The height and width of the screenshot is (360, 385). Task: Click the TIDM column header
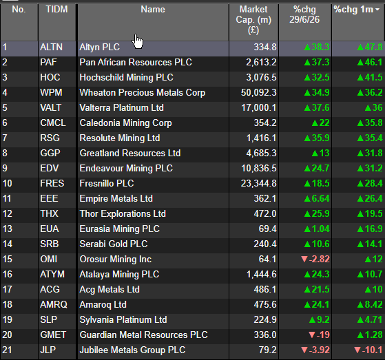[x=56, y=10]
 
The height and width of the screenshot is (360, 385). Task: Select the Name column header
[x=153, y=10]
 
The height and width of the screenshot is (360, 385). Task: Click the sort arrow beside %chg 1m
[x=377, y=10]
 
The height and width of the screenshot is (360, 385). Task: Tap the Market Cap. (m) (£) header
[x=253, y=20]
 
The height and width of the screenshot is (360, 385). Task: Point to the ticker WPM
[x=51, y=92]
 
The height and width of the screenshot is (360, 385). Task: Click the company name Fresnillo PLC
[x=107, y=183]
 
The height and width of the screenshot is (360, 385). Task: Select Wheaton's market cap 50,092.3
[x=258, y=92]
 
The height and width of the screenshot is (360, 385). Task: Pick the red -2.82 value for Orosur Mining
[x=315, y=259]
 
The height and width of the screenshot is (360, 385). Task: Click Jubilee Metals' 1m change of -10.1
[x=368, y=350]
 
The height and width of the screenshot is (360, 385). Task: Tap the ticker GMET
[x=53, y=335]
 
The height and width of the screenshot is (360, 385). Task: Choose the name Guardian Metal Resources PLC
[x=144, y=335]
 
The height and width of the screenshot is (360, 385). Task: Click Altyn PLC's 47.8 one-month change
[x=370, y=47]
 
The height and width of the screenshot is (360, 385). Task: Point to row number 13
[x=8, y=229]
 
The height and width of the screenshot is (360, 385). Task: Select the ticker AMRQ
[x=54, y=304]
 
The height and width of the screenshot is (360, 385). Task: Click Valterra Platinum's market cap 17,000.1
[x=259, y=108]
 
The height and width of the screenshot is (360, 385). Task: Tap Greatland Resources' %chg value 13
[x=321, y=153]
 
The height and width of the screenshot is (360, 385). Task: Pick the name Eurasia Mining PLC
[x=120, y=229]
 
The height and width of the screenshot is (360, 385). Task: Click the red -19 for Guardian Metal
[x=319, y=335]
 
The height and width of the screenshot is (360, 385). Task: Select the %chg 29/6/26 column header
[x=304, y=14]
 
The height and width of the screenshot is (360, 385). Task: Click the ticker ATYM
[x=52, y=274]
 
